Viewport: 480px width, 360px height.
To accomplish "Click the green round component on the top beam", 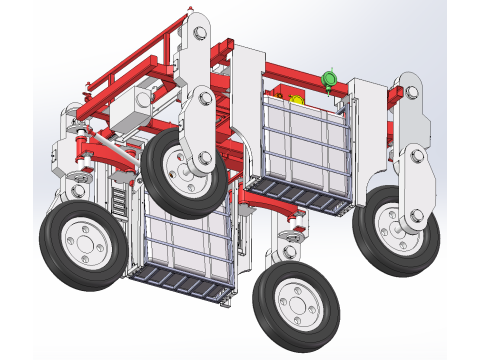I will [x=328, y=79].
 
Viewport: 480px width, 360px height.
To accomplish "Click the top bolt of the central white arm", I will [x=198, y=33].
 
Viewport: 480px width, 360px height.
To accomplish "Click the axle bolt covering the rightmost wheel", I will [x=414, y=212].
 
